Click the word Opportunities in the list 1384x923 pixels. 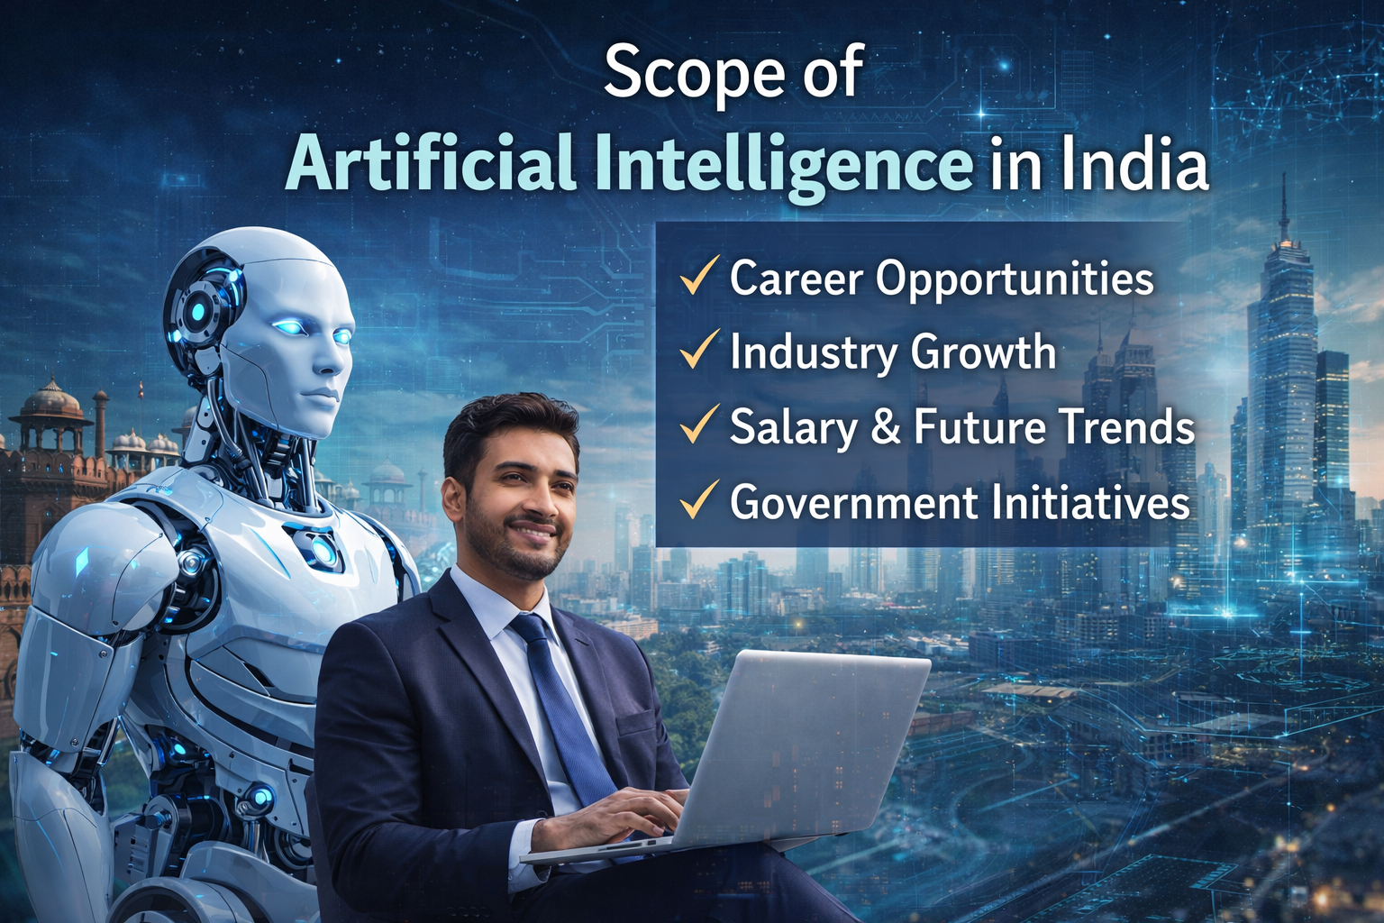pos(1015,279)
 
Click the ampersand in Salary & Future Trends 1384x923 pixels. pos(886,426)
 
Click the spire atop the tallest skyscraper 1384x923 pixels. pos(1283,207)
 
